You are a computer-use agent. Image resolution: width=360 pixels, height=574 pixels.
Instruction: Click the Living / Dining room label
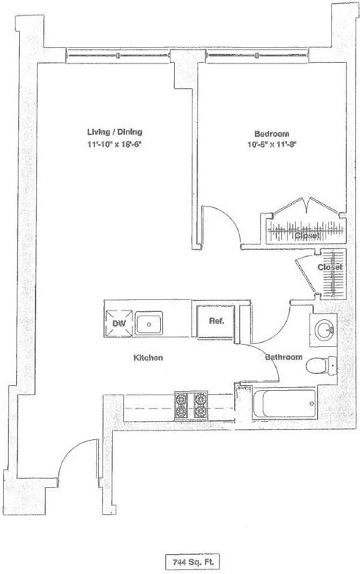coord(114,132)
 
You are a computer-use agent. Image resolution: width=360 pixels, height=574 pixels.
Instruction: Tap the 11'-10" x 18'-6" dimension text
coord(114,145)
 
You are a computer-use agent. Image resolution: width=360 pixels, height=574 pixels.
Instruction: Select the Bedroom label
coord(271,133)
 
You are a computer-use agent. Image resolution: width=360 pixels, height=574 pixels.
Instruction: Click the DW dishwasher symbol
coord(117,323)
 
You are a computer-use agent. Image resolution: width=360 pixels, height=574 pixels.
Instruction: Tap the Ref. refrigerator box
coord(215,322)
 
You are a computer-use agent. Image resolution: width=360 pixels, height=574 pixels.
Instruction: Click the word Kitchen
coord(146,358)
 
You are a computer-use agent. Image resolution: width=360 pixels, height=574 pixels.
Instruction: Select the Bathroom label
coord(283,357)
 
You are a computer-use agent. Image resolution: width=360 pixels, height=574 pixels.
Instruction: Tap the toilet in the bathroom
coord(320,364)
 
